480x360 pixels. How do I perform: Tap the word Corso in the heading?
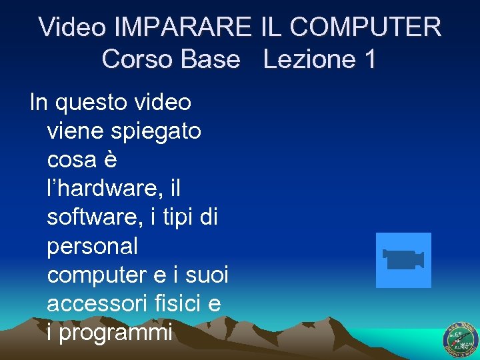point(137,59)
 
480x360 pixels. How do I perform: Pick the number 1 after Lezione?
point(369,59)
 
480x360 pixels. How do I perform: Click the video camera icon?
point(403,260)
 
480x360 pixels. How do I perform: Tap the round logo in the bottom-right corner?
point(461,339)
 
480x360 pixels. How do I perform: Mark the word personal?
point(93,247)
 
